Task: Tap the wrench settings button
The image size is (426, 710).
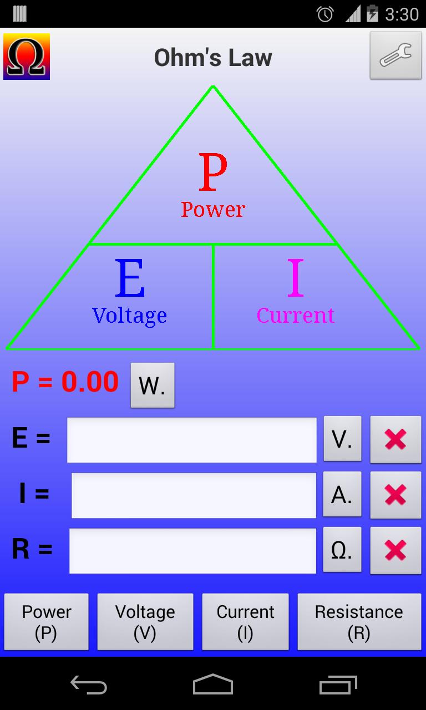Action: coord(395,55)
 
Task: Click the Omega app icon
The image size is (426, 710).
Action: coord(27,57)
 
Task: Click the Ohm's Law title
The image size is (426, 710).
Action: coord(213,58)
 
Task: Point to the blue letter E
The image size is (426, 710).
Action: coord(130,279)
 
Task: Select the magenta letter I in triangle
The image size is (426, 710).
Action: coord(296,279)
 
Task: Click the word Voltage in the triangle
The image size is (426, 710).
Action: coord(129,316)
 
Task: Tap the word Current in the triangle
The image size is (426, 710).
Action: coord(295,316)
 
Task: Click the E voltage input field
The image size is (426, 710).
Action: coord(191,440)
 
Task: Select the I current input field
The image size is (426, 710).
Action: coord(193,495)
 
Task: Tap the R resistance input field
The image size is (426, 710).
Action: coord(192,551)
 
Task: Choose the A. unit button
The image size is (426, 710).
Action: coord(342,495)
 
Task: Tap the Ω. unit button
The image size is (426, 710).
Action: coord(342,550)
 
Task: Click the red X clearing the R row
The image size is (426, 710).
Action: coord(395,550)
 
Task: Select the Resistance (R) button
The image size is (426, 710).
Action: coord(359,622)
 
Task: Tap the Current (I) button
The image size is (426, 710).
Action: coord(245,622)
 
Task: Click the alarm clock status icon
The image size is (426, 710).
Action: coord(324,13)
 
